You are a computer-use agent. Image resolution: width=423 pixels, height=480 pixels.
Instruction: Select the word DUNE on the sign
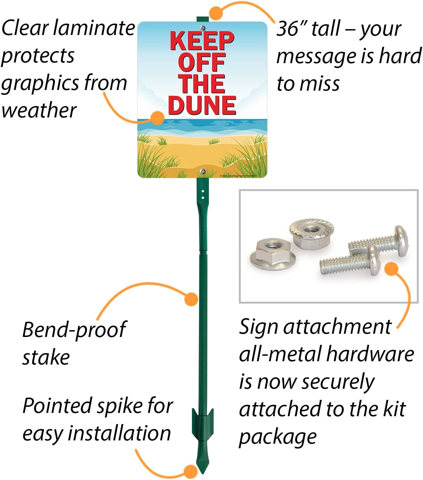tap(202, 105)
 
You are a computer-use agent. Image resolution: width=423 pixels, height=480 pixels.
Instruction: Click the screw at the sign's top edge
tap(203, 28)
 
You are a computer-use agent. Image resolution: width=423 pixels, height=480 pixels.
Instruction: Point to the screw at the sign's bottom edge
tap(203, 171)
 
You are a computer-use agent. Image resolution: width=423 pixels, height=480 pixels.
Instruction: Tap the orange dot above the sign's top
tap(216, 13)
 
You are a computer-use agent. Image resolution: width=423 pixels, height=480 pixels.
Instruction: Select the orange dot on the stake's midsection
tap(191, 299)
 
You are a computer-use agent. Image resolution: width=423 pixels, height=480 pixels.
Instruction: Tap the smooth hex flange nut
tap(273, 254)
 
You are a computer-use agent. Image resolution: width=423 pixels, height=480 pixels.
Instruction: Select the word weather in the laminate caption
tap(39, 111)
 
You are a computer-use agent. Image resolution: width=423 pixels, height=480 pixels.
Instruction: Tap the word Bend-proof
tap(74, 329)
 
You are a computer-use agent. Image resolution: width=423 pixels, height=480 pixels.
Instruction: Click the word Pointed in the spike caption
tap(58, 406)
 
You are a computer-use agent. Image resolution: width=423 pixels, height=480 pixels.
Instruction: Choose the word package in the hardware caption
tap(278, 437)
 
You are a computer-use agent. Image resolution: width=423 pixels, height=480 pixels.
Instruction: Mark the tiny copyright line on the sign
tap(238, 176)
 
